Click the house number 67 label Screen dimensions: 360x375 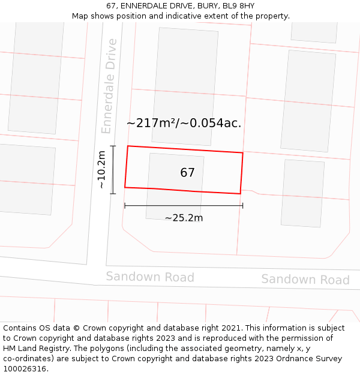187,173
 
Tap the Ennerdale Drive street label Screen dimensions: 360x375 109,86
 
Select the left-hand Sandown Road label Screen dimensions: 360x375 150,277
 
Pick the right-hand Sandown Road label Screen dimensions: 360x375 305,280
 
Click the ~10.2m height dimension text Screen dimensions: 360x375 101,170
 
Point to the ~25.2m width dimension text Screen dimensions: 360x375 184,218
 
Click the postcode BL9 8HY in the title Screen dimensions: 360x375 239,6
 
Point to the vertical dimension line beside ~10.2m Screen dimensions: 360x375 113,169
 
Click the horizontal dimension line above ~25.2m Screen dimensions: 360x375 184,206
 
